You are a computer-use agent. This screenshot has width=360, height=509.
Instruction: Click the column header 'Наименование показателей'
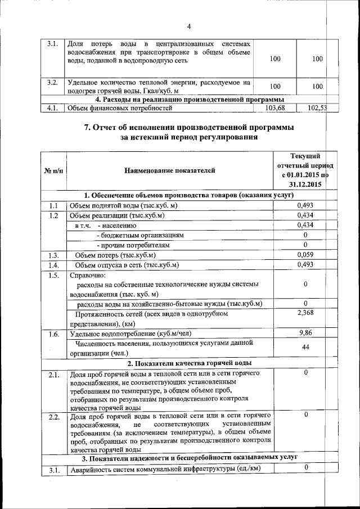click(169, 169)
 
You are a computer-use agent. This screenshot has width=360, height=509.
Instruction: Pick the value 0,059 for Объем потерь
click(305, 255)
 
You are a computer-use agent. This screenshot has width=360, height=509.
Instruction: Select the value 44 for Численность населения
click(305, 348)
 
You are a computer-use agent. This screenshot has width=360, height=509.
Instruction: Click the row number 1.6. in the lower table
click(54, 335)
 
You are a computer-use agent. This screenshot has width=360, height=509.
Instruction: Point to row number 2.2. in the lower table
click(54, 417)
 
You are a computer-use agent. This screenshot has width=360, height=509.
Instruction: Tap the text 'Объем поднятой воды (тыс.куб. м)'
click(123, 206)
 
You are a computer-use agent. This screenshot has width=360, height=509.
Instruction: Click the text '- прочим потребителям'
click(134, 245)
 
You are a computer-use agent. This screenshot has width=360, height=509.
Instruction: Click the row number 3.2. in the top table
click(53, 82)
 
